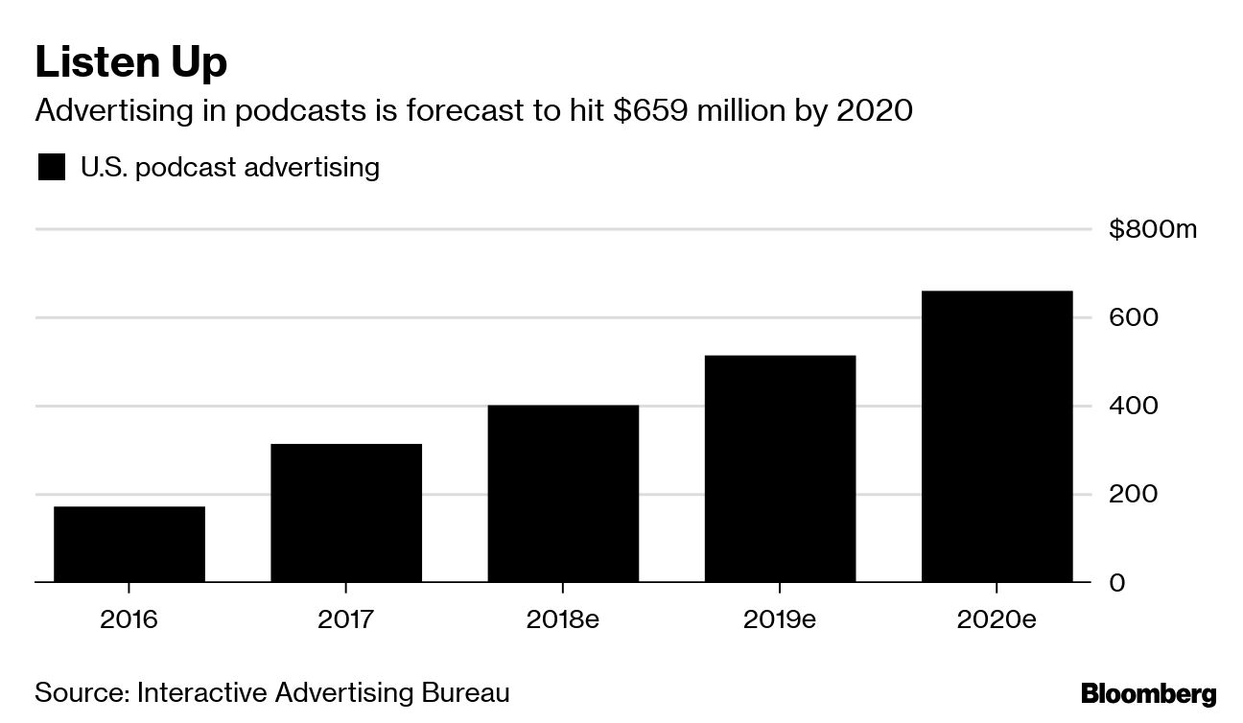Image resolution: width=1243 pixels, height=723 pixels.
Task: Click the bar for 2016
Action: point(129,544)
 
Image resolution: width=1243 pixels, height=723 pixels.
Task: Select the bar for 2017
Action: point(346,513)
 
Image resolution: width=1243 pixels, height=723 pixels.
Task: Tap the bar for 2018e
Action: point(563,494)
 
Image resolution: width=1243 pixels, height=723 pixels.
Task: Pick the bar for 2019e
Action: point(780,469)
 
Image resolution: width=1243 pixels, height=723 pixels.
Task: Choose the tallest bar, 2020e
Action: point(997,436)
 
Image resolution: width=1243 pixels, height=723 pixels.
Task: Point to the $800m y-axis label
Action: point(1153,230)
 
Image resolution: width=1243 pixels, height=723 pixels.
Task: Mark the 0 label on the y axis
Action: point(1116,582)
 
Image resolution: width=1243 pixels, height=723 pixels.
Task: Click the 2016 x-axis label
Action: point(129,619)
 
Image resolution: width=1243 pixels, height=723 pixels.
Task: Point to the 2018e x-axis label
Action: point(563,619)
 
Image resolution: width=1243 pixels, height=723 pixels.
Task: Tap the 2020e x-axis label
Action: point(997,619)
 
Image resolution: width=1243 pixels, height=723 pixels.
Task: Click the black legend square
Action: point(51,168)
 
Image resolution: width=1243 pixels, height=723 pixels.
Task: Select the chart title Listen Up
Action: point(130,62)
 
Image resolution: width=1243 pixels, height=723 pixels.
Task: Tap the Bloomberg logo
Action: point(1148,693)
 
